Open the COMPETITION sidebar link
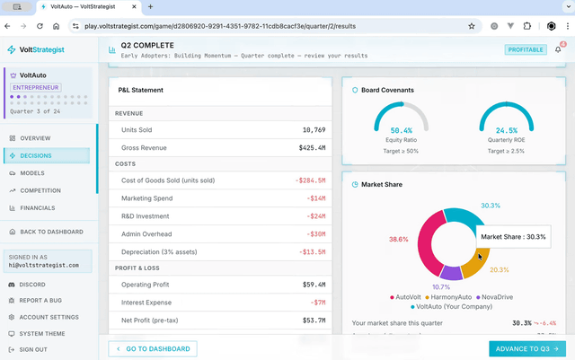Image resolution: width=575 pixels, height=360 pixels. coord(40,190)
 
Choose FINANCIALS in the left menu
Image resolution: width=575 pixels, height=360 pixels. coord(40,207)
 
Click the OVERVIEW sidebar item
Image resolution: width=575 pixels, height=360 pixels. coord(35,138)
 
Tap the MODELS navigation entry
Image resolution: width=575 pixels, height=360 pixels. coord(32,172)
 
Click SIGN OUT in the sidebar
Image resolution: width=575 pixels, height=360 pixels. coord(34,349)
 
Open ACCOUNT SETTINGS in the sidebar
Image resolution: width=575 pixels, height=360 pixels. coord(49,317)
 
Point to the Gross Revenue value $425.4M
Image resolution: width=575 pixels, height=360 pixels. coord(311,147)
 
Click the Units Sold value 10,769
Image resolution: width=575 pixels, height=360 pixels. coord(314,130)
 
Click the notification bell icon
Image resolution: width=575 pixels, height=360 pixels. coord(558,49)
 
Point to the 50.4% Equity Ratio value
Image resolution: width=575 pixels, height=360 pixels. coord(402,130)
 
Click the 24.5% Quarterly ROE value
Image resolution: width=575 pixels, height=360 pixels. coord(507,130)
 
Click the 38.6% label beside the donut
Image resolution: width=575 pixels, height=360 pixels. coord(398,240)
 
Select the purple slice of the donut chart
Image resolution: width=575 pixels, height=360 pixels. coord(451,272)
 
